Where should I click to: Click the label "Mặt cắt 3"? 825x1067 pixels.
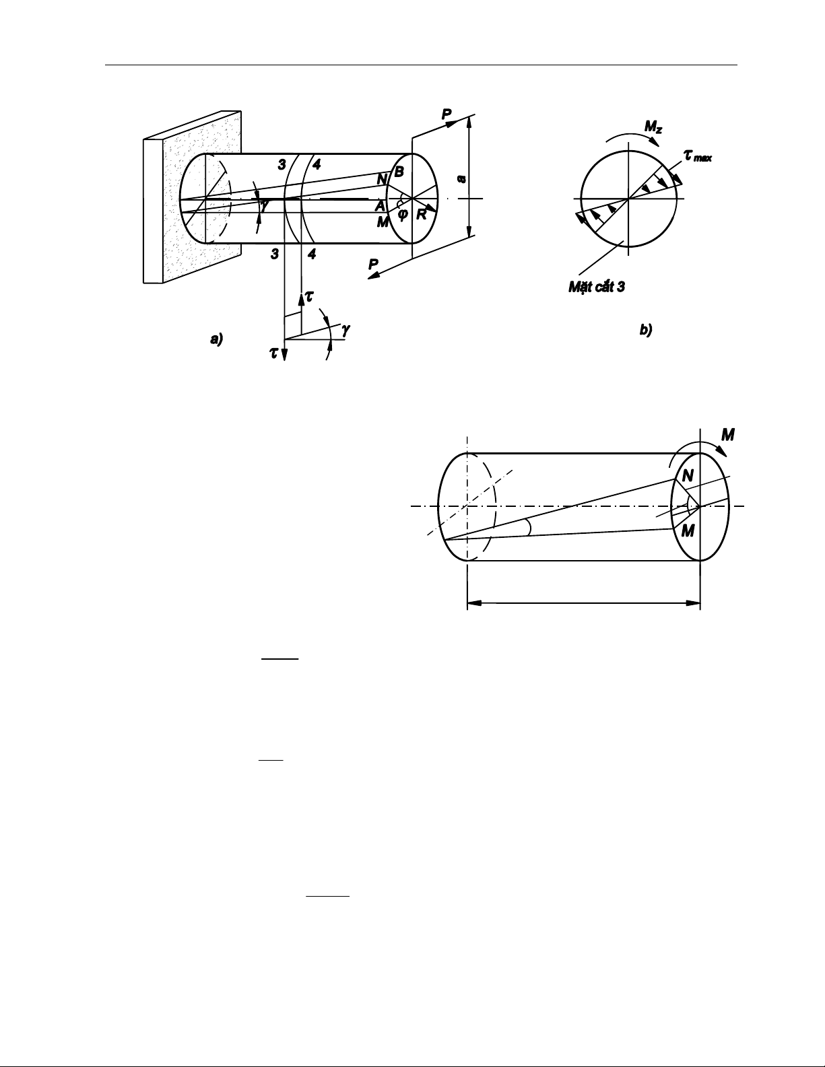[597, 287]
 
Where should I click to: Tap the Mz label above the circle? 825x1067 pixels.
[654, 127]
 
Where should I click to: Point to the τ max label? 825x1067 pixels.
[698, 156]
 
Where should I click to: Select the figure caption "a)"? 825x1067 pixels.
[216, 339]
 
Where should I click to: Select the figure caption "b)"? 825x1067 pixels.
[646, 331]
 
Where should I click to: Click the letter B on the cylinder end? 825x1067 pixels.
[399, 172]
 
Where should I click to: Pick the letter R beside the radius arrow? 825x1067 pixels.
[422, 215]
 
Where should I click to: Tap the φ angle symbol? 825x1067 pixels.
[403, 213]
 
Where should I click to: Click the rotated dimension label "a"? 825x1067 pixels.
[461, 180]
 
